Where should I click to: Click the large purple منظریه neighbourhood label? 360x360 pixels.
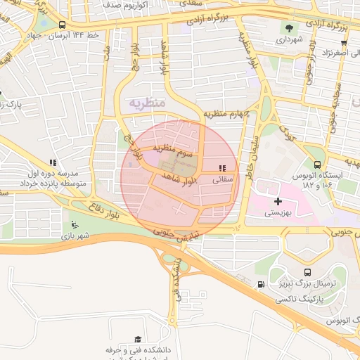[x=147, y=103]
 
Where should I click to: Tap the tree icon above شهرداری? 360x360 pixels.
[x=289, y=29]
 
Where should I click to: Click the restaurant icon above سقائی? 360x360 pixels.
[x=222, y=168]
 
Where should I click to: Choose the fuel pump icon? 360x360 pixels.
[x=262, y=285]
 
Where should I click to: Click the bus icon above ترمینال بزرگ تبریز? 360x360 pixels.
[x=307, y=272]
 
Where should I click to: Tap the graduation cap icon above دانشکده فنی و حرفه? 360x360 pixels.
[x=137, y=339]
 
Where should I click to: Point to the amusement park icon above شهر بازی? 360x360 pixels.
[x=75, y=225]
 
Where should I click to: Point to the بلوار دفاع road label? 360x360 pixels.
[x=105, y=209]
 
